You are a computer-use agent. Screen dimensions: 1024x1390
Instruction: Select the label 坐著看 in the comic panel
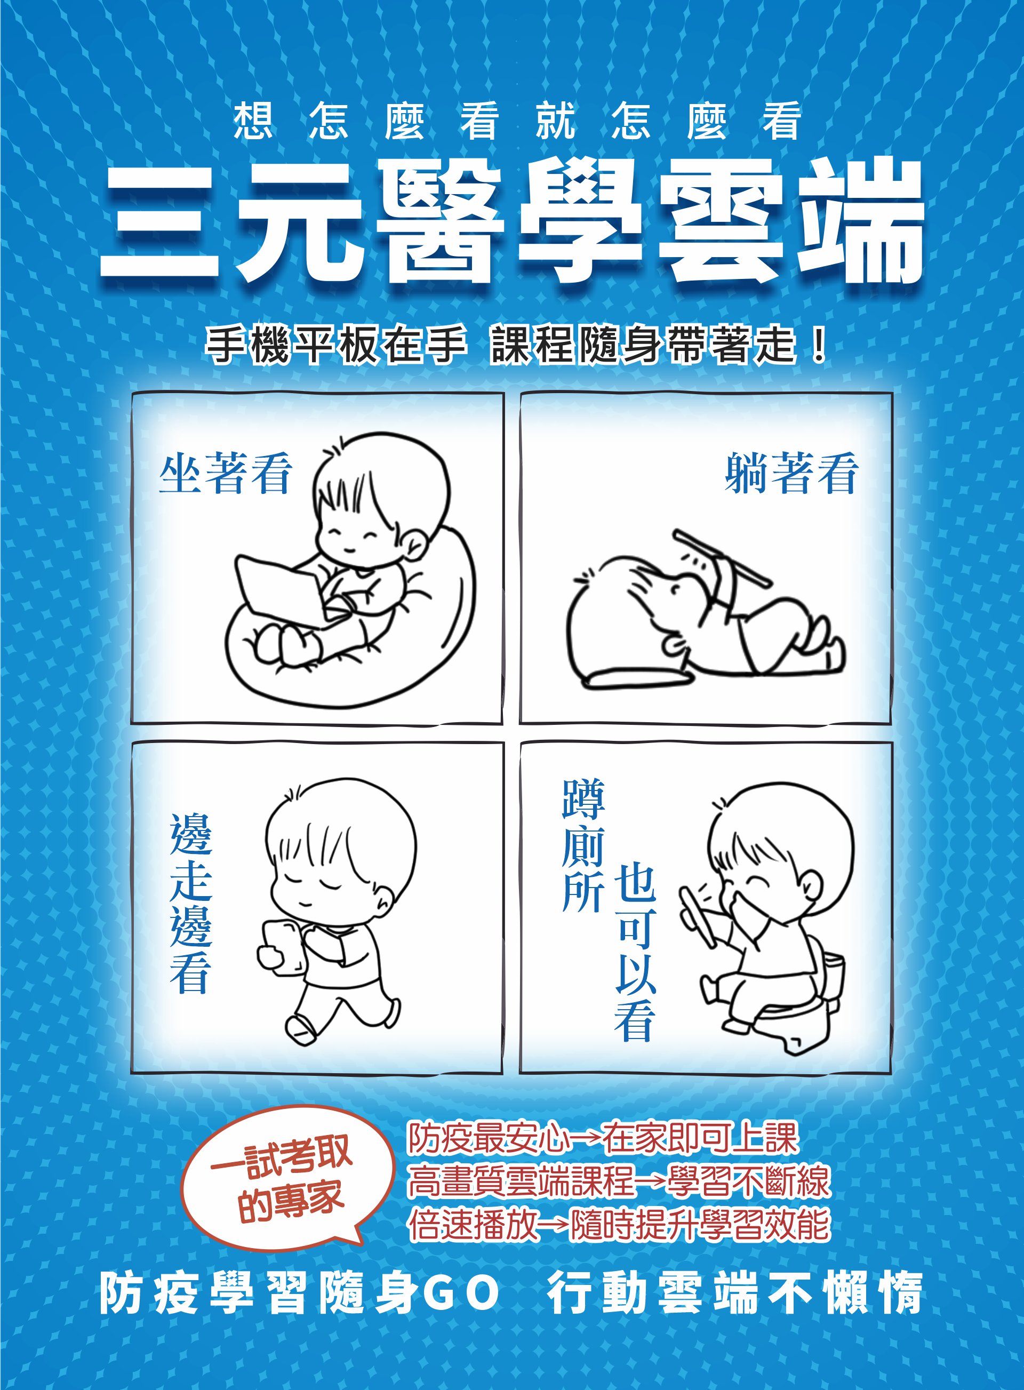click(x=226, y=473)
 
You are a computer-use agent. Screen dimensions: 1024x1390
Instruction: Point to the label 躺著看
click(x=791, y=473)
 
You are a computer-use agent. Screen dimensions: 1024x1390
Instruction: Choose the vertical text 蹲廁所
click(x=582, y=845)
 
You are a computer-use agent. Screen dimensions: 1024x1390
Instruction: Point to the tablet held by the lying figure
click(x=723, y=557)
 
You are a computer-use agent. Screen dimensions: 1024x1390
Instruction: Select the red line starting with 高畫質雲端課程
click(x=618, y=1180)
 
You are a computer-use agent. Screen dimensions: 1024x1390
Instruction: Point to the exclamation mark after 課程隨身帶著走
click(x=818, y=345)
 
